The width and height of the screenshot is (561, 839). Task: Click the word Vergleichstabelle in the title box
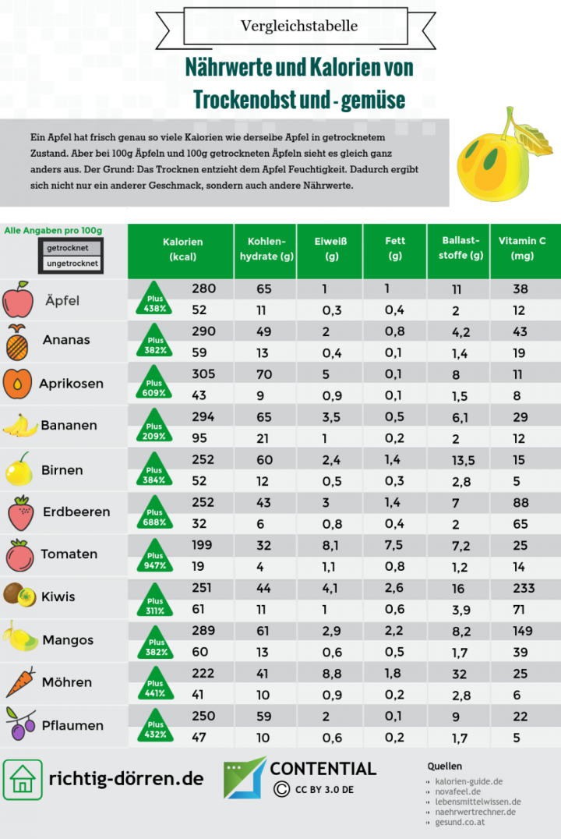click(299, 26)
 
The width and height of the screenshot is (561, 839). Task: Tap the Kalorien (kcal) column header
click(182, 249)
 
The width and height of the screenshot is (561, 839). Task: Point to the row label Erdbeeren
click(76, 512)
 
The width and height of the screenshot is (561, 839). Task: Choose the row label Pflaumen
click(73, 725)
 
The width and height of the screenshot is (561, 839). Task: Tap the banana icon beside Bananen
click(20, 425)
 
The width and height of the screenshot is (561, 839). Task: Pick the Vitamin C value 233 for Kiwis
click(524, 588)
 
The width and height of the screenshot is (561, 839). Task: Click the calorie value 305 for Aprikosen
click(203, 373)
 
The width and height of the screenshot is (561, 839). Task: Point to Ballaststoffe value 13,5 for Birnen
click(464, 460)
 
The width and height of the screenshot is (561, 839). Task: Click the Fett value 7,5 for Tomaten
click(394, 546)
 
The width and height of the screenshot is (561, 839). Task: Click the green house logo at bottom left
click(23, 779)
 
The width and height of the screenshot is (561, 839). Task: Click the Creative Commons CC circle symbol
click(281, 789)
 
